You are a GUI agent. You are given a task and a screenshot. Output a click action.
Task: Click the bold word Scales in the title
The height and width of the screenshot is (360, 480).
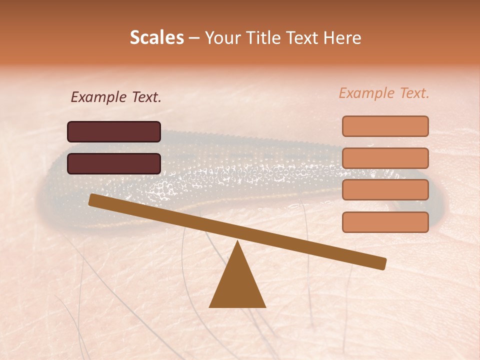156,38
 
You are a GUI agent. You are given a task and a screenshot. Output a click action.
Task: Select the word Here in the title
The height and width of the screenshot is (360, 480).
342,38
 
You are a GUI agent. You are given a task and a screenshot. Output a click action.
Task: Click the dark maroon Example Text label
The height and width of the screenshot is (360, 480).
116,97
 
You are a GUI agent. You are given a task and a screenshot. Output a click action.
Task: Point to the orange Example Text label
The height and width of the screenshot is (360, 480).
384,93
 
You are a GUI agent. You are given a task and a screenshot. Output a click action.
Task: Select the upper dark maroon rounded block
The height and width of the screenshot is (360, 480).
114,131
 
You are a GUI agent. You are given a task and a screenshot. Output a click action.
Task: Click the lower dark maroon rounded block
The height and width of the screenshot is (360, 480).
114,163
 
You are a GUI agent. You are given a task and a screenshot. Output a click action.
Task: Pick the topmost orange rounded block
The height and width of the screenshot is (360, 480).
385,126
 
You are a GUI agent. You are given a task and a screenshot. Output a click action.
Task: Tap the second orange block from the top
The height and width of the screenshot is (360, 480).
385,158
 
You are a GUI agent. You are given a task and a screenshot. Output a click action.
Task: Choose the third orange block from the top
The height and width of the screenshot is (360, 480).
385,190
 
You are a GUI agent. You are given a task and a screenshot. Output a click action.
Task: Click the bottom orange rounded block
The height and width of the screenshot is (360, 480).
385,222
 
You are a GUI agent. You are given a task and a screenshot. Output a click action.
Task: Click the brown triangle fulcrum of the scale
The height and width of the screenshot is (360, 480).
237,285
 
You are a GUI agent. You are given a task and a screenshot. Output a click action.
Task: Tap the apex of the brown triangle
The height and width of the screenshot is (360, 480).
238,242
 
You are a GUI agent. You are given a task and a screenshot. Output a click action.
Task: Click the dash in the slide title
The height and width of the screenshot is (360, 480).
194,38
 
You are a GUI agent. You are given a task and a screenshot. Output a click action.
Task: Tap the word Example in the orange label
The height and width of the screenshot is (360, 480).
366,93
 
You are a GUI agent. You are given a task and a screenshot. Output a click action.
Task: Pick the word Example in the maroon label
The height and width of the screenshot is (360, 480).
98,97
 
